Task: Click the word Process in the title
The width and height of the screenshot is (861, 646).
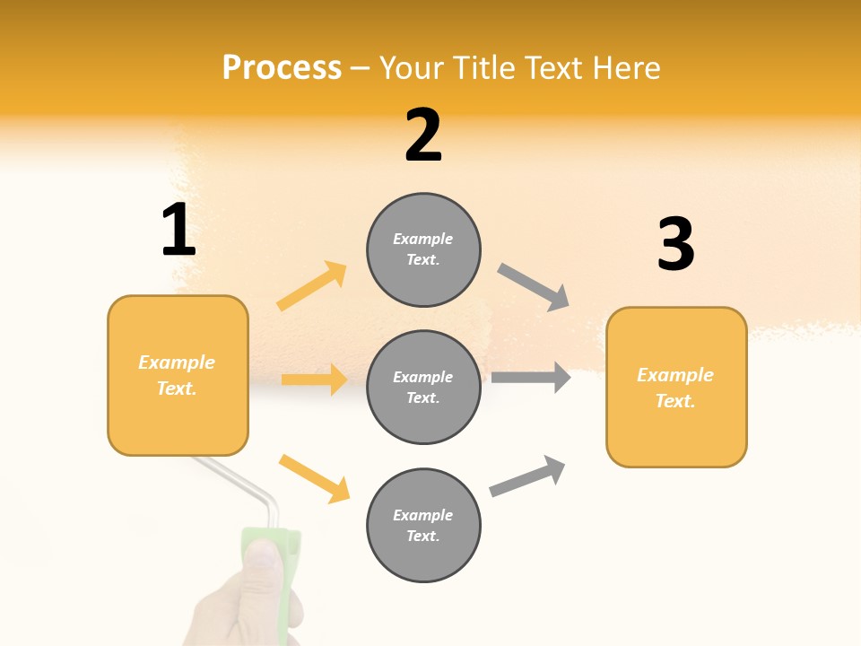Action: [282, 67]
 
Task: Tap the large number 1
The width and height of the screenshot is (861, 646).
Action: [178, 230]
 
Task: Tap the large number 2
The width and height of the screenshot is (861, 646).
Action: [423, 135]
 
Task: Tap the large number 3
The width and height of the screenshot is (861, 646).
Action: [675, 244]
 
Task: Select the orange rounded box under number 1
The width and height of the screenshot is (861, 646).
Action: [178, 375]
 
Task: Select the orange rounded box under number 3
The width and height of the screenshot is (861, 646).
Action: [676, 387]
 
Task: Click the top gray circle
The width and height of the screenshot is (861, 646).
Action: [423, 249]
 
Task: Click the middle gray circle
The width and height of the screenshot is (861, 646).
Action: [423, 387]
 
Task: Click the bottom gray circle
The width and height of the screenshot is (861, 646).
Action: [423, 525]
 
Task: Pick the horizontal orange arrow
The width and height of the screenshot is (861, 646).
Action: [314, 380]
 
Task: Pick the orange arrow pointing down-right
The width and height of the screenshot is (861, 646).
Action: [314, 477]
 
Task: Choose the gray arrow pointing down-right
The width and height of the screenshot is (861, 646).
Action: [534, 287]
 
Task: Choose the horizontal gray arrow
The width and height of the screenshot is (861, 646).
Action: [531, 377]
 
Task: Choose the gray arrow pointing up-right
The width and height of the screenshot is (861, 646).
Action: [527, 476]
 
